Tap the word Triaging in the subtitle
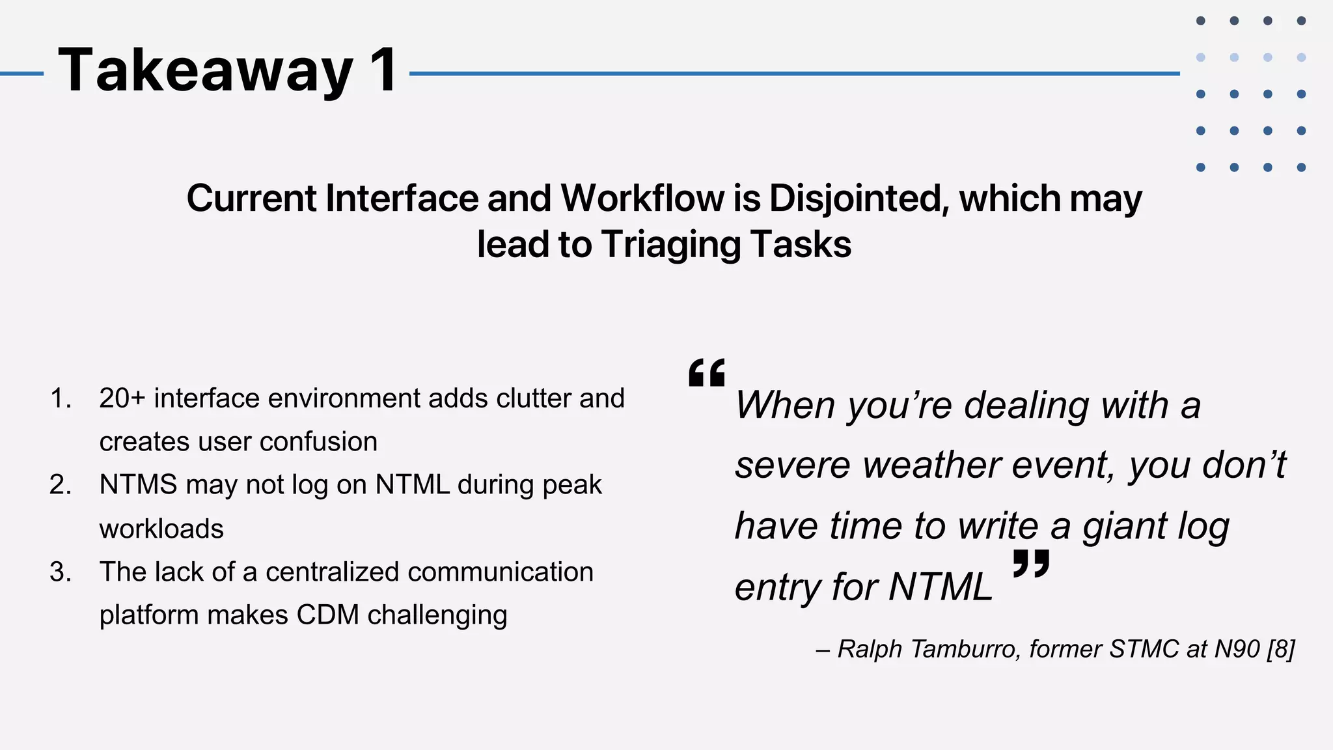(x=670, y=245)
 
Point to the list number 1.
(x=61, y=398)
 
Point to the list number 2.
(x=61, y=485)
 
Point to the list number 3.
(x=61, y=572)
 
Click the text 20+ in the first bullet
(x=122, y=398)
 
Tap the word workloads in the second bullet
(x=161, y=529)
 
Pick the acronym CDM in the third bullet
(x=327, y=615)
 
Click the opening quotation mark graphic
(x=707, y=372)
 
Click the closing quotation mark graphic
(x=1031, y=563)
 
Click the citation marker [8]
(x=1280, y=649)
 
